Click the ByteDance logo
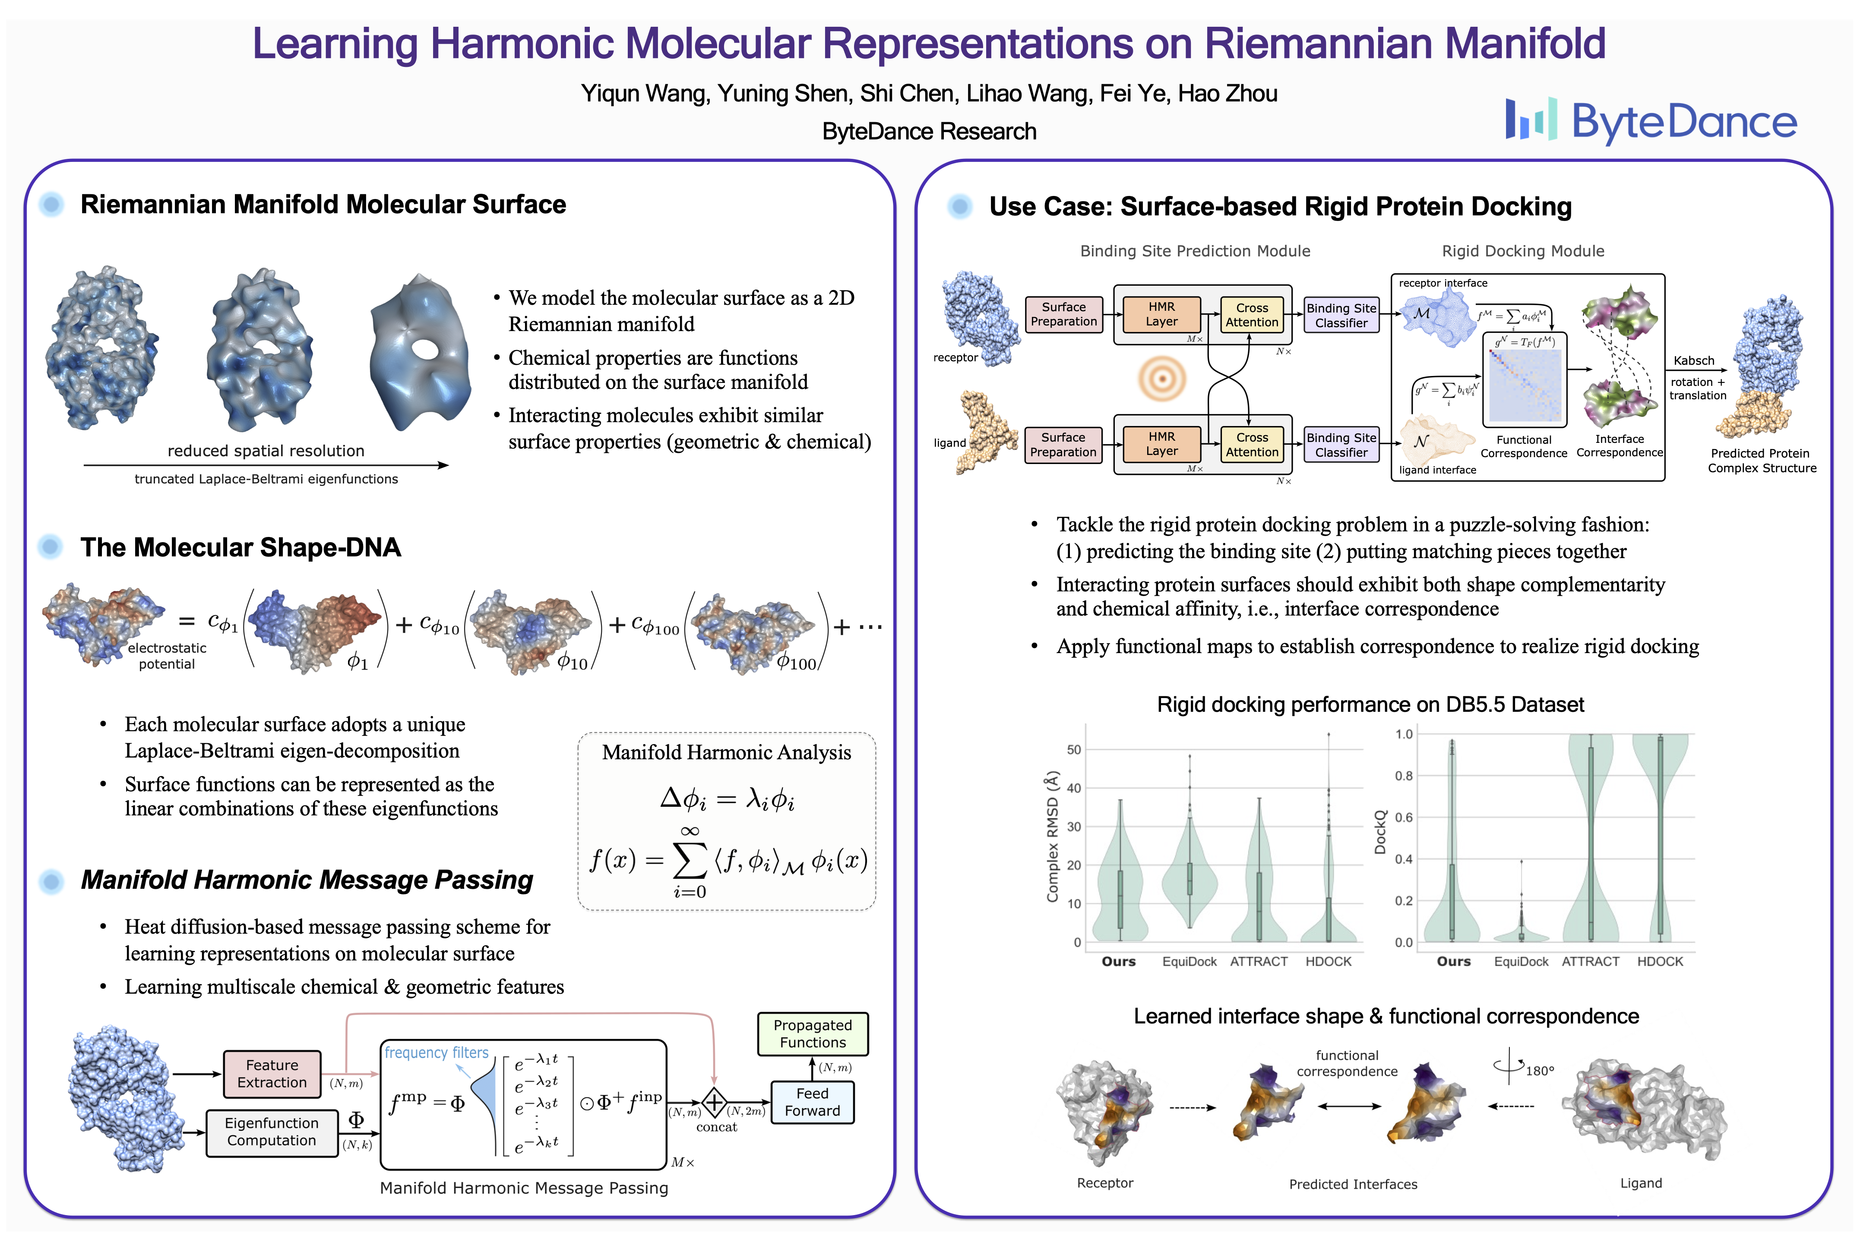(1651, 120)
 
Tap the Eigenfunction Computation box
(272, 1132)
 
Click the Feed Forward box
(812, 1102)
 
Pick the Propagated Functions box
(812, 1034)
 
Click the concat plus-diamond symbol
(714, 1102)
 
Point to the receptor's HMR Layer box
(1161, 314)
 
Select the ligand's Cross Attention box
(1252, 444)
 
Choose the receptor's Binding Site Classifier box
(1341, 315)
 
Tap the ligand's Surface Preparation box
(1063, 444)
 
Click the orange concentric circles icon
(1162, 378)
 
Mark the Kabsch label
(1693, 361)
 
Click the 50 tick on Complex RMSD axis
(1073, 749)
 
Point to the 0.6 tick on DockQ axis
(1404, 818)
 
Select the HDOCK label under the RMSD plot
(1329, 962)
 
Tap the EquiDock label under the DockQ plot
(1521, 962)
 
